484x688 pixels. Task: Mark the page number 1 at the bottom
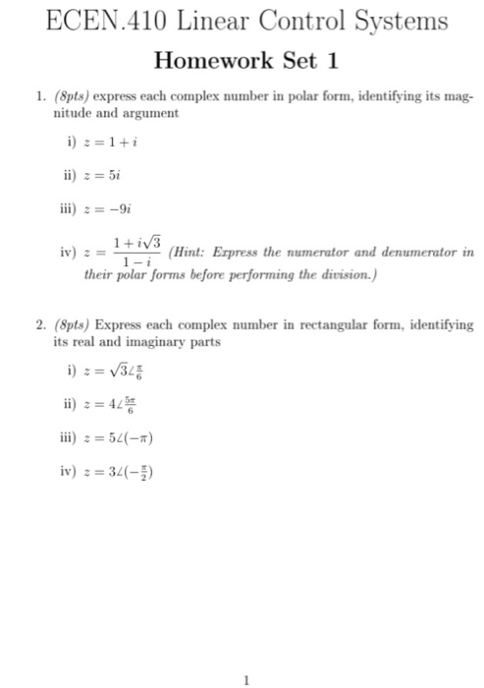pyautogui.click(x=248, y=676)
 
